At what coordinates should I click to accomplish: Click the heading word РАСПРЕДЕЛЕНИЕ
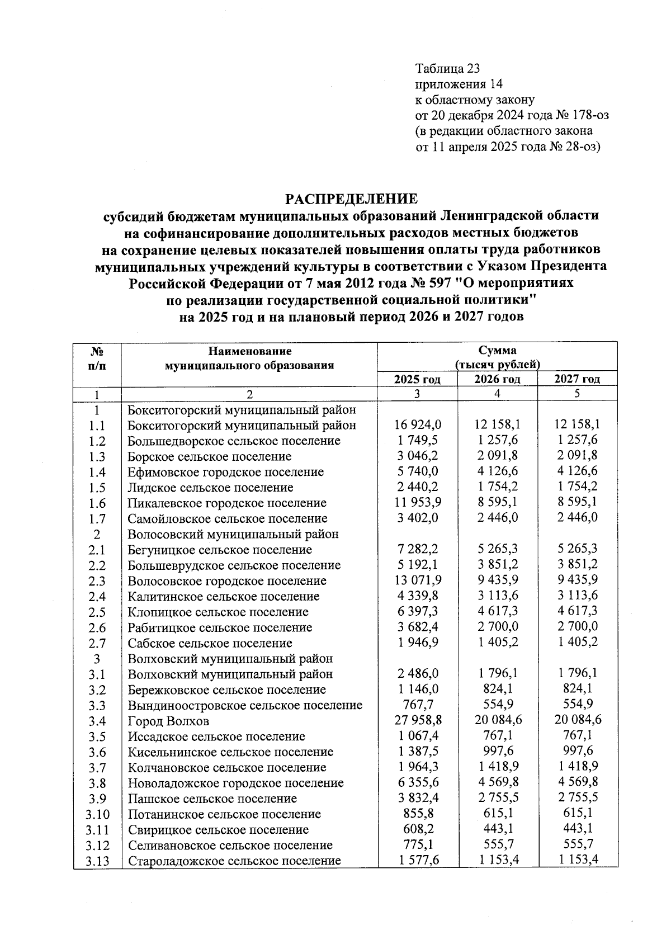coord(352,199)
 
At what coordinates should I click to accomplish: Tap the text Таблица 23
coord(447,69)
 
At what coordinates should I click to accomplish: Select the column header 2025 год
coord(417,379)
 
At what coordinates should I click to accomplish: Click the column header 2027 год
coord(577,379)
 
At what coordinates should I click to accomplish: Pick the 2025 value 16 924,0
coord(417,425)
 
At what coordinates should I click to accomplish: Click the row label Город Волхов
coord(168,721)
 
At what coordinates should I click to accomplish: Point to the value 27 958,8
coord(417,721)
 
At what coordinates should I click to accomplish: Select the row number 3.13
coord(97,861)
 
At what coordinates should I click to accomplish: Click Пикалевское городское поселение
coord(227,503)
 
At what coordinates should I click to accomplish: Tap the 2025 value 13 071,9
coord(417,580)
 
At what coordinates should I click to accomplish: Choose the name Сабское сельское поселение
coord(210,643)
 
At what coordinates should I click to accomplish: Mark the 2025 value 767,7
coord(417,705)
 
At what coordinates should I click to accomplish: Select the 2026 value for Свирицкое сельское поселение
coord(497,829)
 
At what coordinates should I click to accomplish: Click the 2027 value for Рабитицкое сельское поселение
coord(577,627)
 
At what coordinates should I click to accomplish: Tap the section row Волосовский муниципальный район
coord(233,534)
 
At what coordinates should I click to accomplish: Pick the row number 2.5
coord(97,612)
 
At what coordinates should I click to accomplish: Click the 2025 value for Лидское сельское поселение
coord(417,487)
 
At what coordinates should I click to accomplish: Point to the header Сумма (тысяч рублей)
coord(497,357)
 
